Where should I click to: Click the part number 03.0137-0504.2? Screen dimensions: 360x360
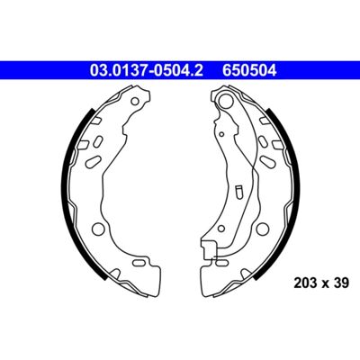point(147,71)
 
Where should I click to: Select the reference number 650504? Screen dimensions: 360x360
point(249,71)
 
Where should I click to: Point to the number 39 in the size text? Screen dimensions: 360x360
point(341,283)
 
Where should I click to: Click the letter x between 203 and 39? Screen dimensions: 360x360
point(326,283)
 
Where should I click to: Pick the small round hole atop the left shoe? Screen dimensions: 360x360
point(136,101)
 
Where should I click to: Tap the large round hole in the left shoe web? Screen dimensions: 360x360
point(97,229)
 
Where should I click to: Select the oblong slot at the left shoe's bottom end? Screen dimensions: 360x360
point(139,263)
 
